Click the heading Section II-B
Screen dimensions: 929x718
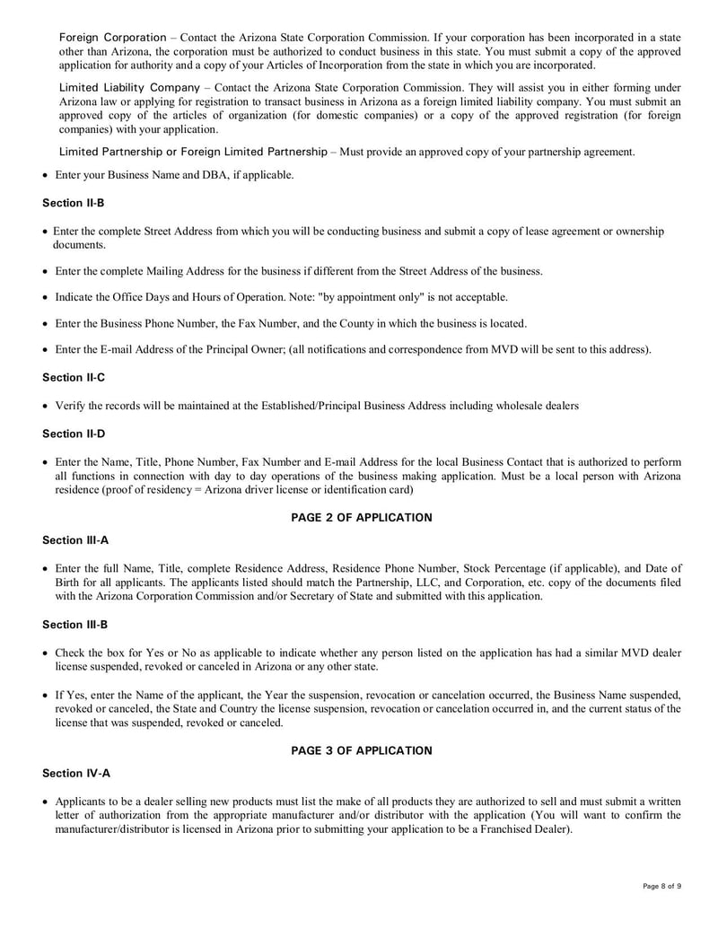coord(74,203)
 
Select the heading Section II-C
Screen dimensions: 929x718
coord(74,378)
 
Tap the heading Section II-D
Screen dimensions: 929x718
coord(74,434)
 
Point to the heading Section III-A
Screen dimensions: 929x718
coord(75,539)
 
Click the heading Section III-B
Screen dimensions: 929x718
coord(75,624)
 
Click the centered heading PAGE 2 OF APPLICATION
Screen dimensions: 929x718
coord(361,518)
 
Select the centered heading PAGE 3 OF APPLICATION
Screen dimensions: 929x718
coord(361,750)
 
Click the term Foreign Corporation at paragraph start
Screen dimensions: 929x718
coord(112,38)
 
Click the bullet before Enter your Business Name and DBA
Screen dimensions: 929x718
coord(46,175)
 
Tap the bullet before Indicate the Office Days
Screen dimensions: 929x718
coord(46,297)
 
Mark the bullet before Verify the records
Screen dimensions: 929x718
coord(46,407)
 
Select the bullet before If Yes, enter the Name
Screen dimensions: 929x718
coord(46,696)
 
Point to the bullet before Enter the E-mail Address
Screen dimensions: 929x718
coord(46,349)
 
